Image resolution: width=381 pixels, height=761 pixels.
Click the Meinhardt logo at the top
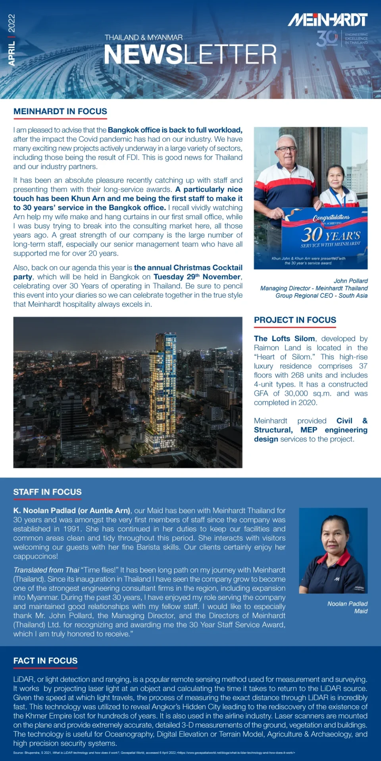tap(327, 19)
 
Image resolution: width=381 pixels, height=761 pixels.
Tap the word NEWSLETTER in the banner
tap(190, 55)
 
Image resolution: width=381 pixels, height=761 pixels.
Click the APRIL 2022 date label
tap(12, 40)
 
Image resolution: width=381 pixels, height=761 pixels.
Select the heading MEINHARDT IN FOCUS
tap(60, 112)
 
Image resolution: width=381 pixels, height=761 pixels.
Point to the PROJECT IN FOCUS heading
tap(295, 320)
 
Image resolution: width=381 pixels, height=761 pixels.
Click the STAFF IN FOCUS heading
tap(47, 492)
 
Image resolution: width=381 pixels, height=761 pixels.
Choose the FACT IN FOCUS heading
tap(45, 661)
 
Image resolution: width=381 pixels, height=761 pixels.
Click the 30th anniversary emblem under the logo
tap(327, 38)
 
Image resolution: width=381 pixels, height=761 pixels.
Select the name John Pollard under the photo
tap(350, 281)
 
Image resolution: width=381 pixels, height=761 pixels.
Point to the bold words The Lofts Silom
tap(284, 338)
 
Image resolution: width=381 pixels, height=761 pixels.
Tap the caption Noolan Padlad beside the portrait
tap(347, 604)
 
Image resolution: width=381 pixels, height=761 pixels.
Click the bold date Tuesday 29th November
tap(197, 277)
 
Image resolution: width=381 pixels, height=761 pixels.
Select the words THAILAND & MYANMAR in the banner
tap(143, 38)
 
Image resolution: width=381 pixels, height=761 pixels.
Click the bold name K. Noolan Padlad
tap(71, 511)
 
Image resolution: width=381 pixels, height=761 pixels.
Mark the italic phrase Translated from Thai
tap(46, 570)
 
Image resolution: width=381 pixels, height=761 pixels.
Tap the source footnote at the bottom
tap(154, 753)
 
